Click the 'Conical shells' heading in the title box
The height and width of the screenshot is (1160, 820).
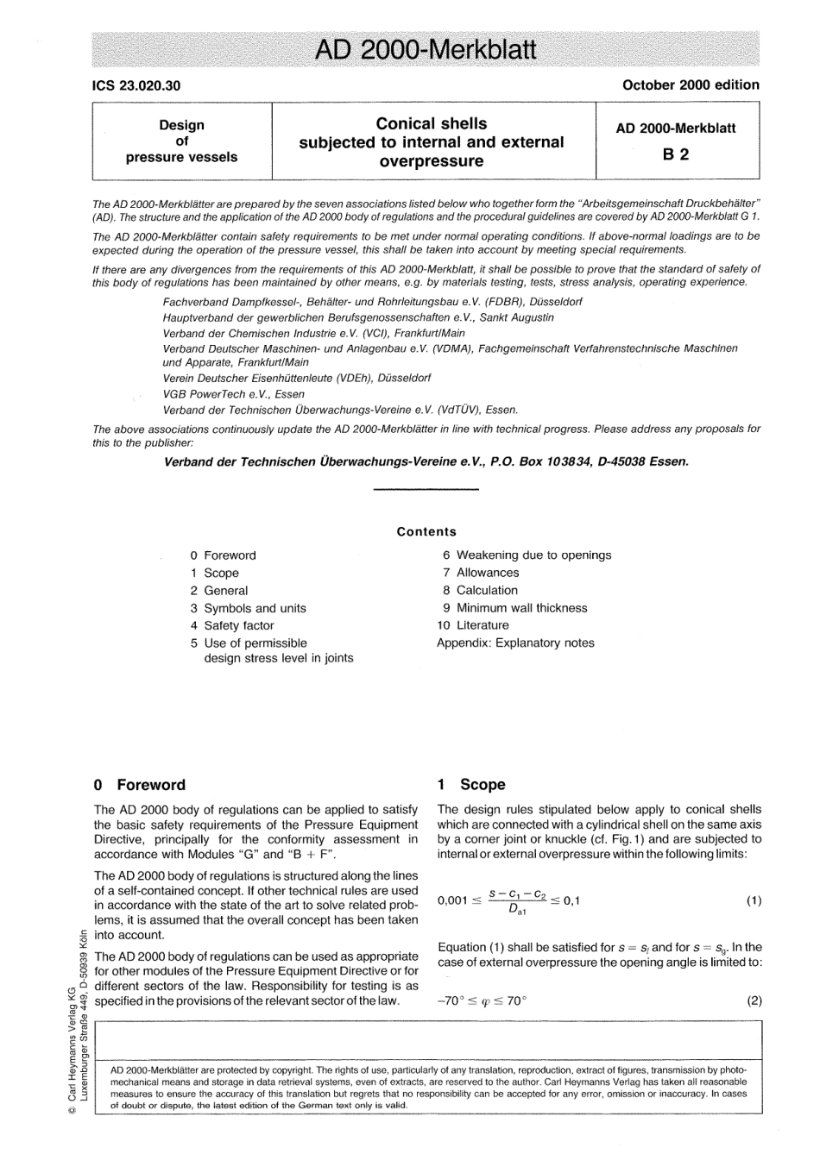[x=432, y=123]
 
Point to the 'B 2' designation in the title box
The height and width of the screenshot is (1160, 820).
[x=675, y=155]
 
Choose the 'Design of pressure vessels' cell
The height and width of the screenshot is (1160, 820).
[x=181, y=141]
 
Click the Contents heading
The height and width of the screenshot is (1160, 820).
[x=426, y=532]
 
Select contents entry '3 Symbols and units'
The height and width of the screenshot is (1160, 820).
[x=249, y=608]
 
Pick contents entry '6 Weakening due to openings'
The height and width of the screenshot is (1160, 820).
[x=527, y=555]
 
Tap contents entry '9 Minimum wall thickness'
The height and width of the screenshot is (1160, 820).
[x=514, y=608]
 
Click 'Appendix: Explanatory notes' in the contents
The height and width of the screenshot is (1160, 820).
[x=515, y=643]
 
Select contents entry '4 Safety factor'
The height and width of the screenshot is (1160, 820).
[x=232, y=625]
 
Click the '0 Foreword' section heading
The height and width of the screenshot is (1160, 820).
[x=140, y=785]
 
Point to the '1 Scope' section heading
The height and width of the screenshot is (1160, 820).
[x=471, y=785]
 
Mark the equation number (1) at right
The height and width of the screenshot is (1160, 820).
[x=754, y=901]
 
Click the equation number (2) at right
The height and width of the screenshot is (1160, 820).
[x=754, y=1002]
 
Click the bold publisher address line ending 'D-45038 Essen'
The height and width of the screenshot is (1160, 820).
[x=426, y=461]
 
